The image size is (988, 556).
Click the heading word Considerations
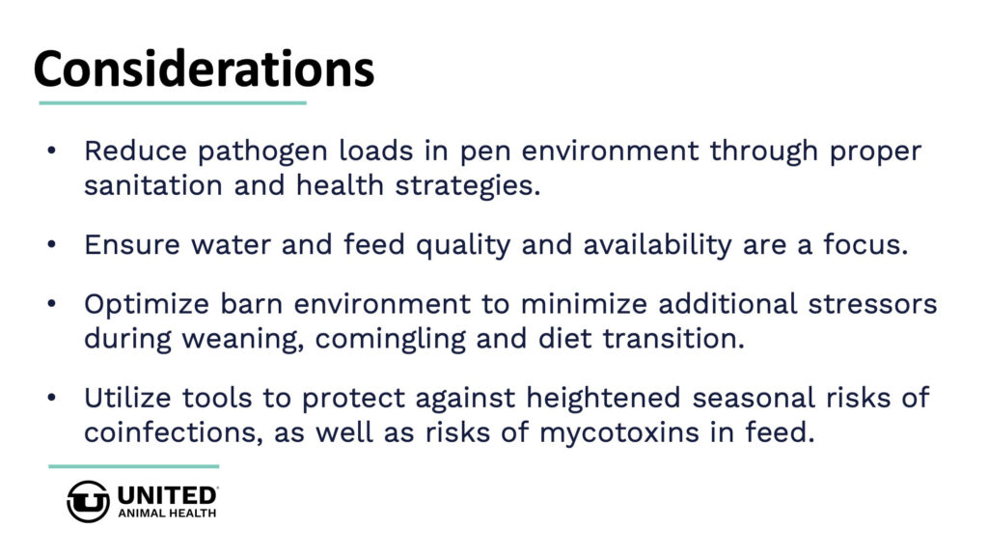(x=205, y=69)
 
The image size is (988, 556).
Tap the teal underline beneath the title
(x=173, y=102)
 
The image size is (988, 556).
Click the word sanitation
(x=153, y=185)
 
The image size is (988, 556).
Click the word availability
(x=657, y=245)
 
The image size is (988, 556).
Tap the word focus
(x=866, y=244)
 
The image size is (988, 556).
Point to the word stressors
(x=872, y=304)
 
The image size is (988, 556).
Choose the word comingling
(x=390, y=340)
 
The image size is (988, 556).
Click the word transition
(x=673, y=339)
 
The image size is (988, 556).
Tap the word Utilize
(x=127, y=398)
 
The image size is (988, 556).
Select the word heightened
(x=603, y=399)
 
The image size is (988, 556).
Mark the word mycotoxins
(x=619, y=433)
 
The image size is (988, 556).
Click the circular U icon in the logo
(x=88, y=502)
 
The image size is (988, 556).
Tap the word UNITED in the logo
(x=167, y=495)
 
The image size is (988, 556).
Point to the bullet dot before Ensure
(x=52, y=244)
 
